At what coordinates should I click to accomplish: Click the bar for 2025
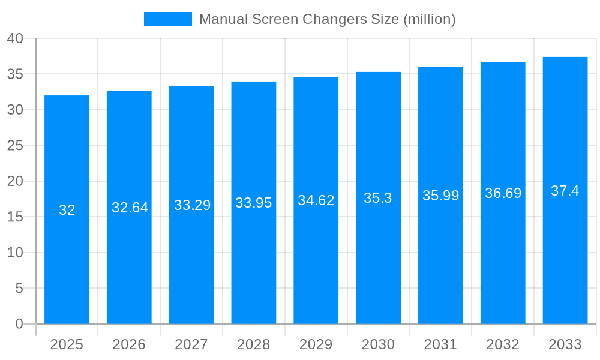(x=67, y=209)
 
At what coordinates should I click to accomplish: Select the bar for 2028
(x=254, y=203)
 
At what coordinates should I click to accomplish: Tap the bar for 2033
(x=565, y=190)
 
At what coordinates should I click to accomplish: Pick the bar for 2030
(x=378, y=198)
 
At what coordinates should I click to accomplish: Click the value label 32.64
(x=130, y=208)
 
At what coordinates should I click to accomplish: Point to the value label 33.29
(x=192, y=205)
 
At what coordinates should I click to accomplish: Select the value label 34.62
(x=316, y=200)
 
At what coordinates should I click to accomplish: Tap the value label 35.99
(x=440, y=196)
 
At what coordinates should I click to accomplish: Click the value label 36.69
(x=503, y=193)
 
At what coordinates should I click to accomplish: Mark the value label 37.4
(x=565, y=191)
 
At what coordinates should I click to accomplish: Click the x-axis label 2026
(x=129, y=344)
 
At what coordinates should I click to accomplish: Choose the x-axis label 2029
(x=316, y=344)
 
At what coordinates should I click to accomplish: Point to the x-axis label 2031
(x=440, y=344)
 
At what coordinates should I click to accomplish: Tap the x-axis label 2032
(x=503, y=344)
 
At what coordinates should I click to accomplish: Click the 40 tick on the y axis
(x=15, y=38)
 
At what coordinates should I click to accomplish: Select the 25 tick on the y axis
(x=15, y=146)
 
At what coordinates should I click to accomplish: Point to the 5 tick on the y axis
(x=19, y=289)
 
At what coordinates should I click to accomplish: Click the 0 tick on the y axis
(x=19, y=324)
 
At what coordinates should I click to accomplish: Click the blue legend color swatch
(x=168, y=19)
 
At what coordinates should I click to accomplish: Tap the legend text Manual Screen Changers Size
(x=327, y=19)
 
